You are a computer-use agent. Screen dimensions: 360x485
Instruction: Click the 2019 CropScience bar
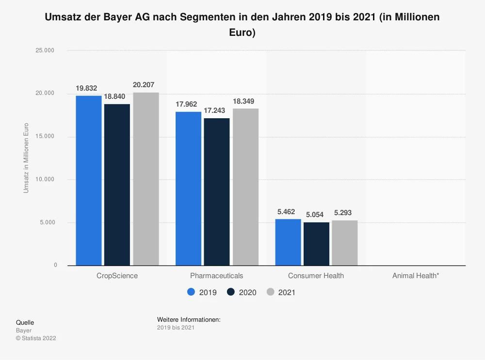tap(89, 180)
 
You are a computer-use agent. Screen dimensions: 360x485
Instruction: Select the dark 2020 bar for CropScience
tap(117, 185)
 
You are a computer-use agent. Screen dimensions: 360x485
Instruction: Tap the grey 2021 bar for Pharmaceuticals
tap(245, 187)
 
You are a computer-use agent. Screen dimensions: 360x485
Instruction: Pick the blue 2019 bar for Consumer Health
tap(288, 242)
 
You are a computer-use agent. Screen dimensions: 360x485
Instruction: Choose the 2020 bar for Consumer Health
tap(317, 244)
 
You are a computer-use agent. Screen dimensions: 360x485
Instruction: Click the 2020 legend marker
tap(230, 292)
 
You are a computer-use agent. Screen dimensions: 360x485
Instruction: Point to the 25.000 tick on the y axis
tap(48, 50)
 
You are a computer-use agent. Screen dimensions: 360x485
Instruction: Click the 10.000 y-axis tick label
tap(48, 179)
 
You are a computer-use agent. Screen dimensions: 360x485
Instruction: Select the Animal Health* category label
tap(416, 276)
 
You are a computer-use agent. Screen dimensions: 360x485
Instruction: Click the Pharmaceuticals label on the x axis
tap(216, 276)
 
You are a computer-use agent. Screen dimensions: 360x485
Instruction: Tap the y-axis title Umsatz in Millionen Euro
tap(26, 158)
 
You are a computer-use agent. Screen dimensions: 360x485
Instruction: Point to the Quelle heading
tap(25, 322)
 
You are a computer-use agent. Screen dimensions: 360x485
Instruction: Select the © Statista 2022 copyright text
tap(36, 338)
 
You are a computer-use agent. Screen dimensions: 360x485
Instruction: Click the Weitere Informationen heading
tap(189, 320)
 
